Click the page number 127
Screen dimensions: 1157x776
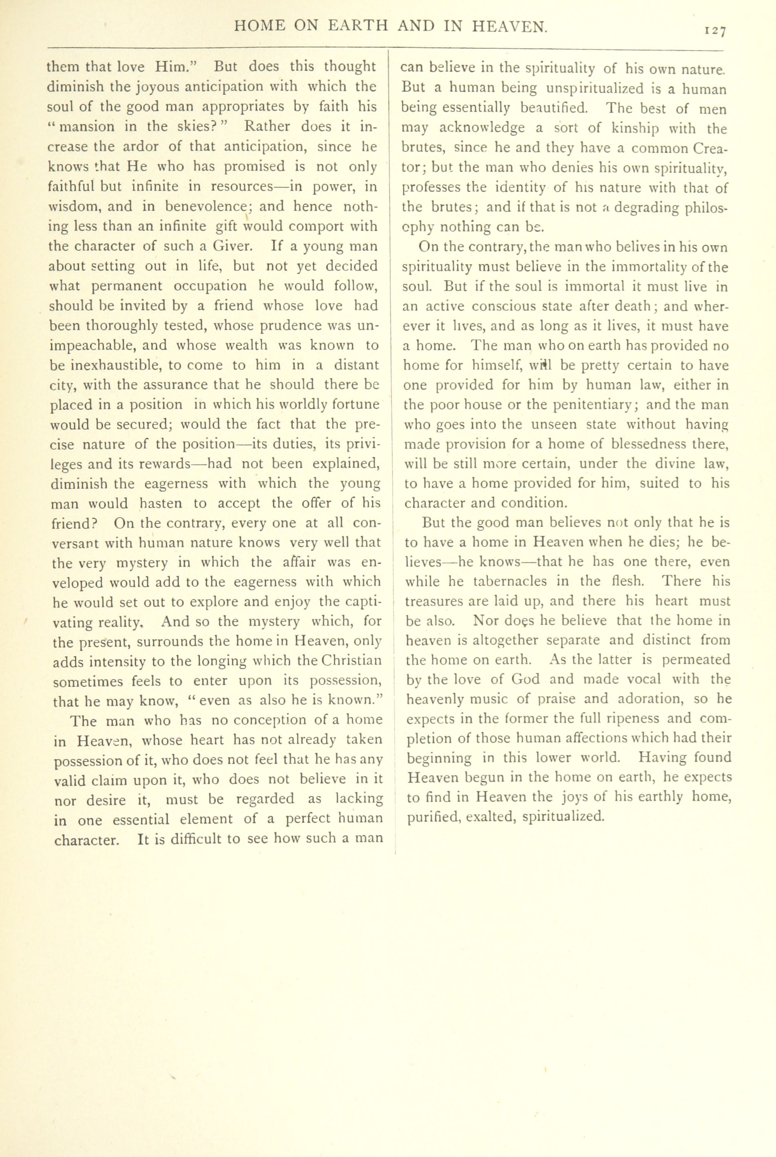tap(715, 31)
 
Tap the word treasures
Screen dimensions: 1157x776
tap(433, 601)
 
